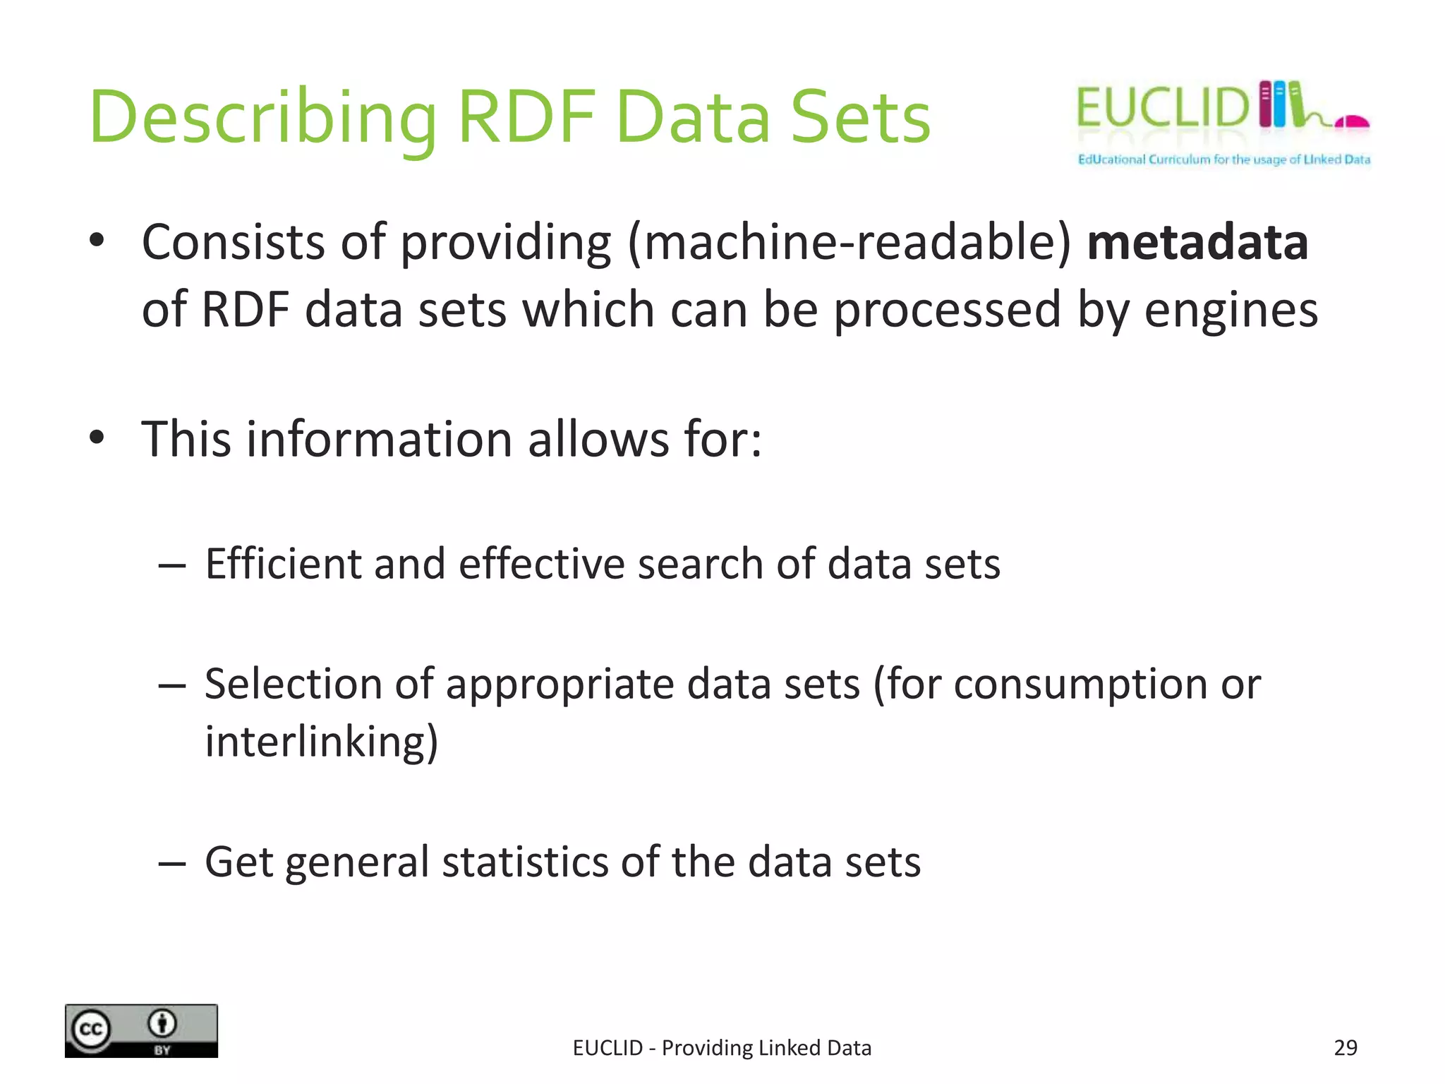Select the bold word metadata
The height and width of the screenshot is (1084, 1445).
point(1197,243)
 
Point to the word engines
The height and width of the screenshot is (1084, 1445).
point(1231,311)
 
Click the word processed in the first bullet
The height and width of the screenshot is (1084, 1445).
point(947,311)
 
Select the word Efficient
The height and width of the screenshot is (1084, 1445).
point(282,564)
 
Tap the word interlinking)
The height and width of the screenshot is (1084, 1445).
point(322,742)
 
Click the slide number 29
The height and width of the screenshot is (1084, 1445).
point(1346,1048)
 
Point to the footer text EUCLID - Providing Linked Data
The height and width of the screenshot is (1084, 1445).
point(722,1048)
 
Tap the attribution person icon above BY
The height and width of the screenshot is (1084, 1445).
point(163,1023)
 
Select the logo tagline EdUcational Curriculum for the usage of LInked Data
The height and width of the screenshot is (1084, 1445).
point(1223,159)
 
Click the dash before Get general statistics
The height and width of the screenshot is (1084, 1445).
point(172,862)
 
